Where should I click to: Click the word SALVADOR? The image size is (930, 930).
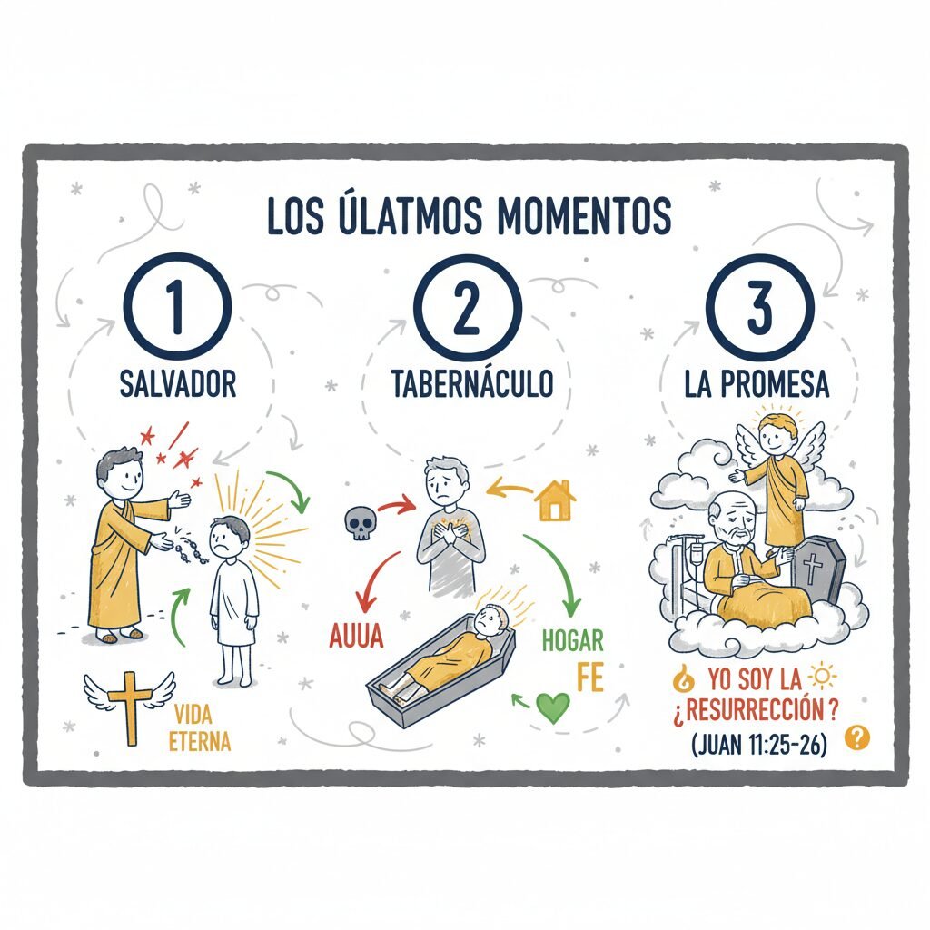(178, 384)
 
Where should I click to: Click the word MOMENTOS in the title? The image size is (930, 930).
(584, 214)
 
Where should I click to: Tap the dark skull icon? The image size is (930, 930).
(360, 523)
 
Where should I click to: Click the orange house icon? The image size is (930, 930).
(555, 500)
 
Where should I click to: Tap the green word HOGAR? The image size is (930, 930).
(572, 641)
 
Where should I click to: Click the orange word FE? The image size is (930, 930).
(590, 677)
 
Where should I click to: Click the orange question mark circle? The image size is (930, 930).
(857, 737)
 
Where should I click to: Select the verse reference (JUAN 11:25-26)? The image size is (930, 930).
(759, 745)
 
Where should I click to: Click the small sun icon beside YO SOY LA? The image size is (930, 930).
(823, 678)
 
